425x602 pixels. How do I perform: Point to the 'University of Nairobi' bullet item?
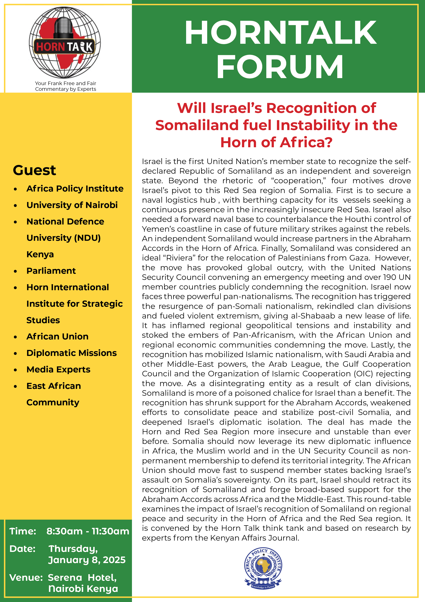72,205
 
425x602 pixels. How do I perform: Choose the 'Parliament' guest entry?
51,271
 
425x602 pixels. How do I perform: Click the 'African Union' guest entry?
57,336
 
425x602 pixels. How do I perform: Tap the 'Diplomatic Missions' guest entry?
71,353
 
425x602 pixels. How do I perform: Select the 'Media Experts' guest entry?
58,369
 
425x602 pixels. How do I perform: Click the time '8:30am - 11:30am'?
88,531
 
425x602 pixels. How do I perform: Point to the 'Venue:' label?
26,577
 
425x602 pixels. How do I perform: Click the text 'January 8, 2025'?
87,560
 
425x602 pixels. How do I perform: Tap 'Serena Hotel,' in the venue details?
82,577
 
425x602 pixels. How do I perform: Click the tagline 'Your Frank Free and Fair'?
65,83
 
